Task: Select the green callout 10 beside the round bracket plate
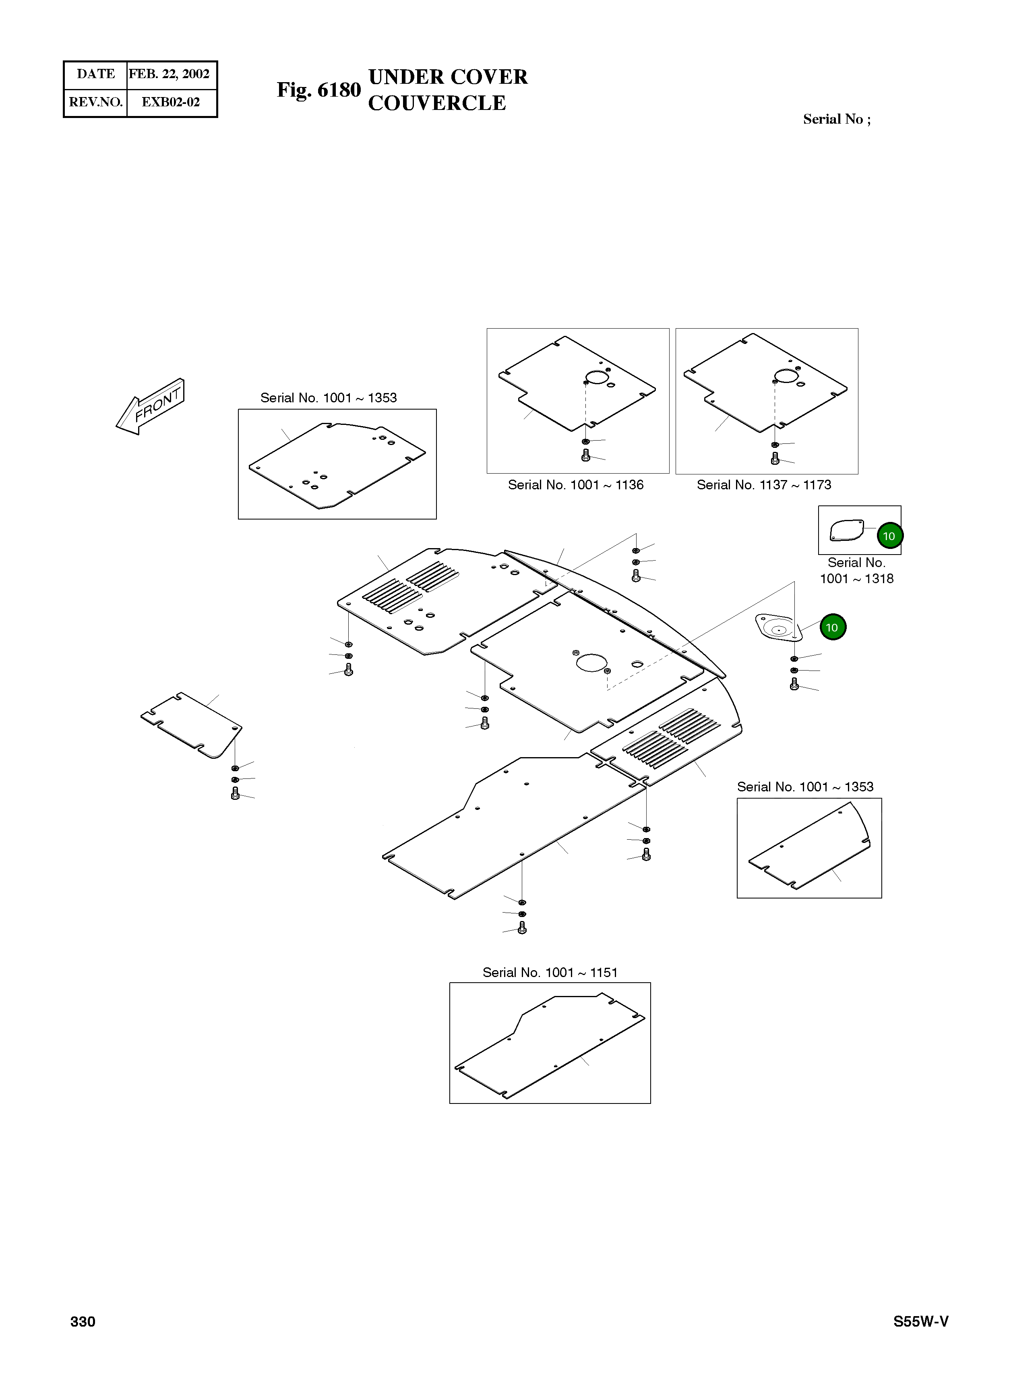(x=832, y=627)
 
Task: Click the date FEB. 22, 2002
(x=170, y=74)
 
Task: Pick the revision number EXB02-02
(x=171, y=102)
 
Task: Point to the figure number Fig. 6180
(x=318, y=90)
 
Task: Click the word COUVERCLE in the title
(x=436, y=103)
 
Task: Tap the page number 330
(x=83, y=1322)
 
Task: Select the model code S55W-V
(x=920, y=1322)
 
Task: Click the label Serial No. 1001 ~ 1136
(x=575, y=485)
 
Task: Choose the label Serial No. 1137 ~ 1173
(x=764, y=485)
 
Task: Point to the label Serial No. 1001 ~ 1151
(x=550, y=972)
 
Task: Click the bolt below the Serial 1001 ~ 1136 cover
(x=586, y=455)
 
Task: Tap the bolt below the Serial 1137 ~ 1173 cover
(x=775, y=458)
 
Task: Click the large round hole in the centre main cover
(x=591, y=662)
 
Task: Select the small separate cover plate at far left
(x=191, y=725)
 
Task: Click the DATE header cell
(x=95, y=74)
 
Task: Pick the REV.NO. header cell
(x=95, y=102)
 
